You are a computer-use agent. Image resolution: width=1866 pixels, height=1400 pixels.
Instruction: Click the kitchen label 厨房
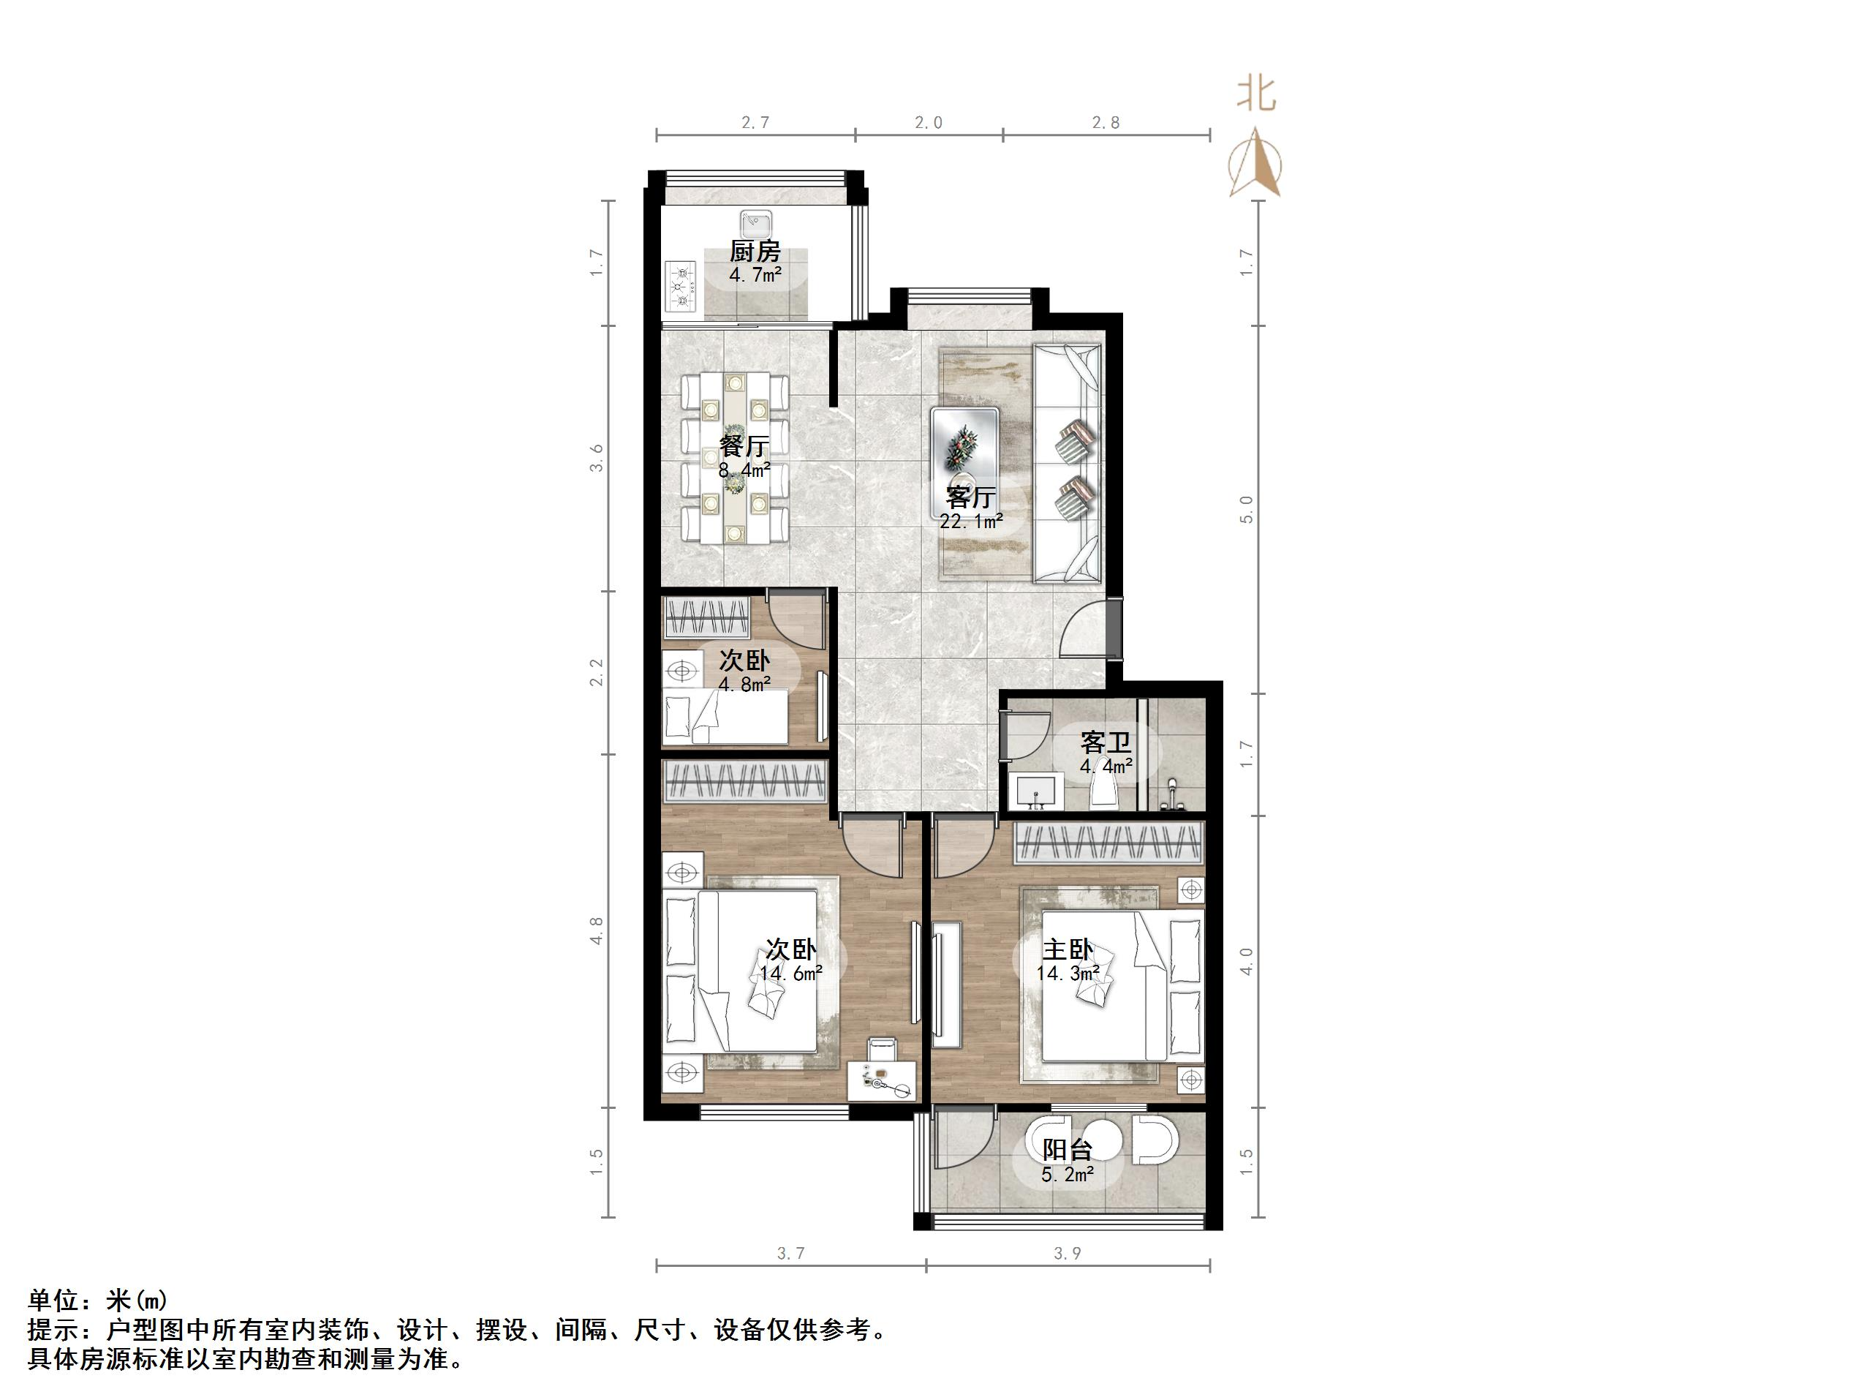click(755, 252)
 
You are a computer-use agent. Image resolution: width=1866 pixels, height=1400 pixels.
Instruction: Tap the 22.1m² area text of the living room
click(971, 522)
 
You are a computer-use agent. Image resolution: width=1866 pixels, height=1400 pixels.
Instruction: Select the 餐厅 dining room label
click(744, 445)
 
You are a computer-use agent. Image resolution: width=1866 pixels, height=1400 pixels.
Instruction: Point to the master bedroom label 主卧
click(1067, 950)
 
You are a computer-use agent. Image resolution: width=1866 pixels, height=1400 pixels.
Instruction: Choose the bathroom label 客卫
click(1105, 742)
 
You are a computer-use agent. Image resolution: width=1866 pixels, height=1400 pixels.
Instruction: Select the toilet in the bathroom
click(1103, 792)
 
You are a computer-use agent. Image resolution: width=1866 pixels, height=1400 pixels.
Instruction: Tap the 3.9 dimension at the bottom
click(1067, 1254)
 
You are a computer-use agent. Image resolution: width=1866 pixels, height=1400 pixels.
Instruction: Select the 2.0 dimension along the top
click(928, 123)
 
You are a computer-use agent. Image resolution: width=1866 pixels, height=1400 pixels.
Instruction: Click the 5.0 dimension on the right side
click(1246, 509)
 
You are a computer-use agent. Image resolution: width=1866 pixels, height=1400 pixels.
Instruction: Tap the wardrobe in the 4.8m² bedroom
click(706, 618)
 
